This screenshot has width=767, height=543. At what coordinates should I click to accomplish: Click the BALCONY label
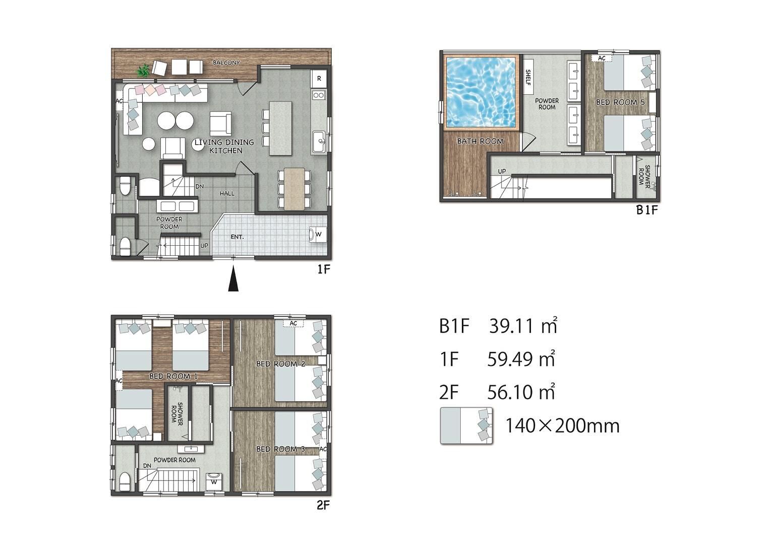tap(226, 63)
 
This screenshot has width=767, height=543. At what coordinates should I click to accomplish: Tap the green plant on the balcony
tap(143, 71)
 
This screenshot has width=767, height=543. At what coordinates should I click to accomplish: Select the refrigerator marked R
tap(319, 78)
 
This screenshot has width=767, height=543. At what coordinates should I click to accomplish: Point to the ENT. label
tap(237, 237)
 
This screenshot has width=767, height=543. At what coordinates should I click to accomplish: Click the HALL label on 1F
tap(227, 194)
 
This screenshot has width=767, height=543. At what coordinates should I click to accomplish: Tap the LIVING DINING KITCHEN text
tap(224, 146)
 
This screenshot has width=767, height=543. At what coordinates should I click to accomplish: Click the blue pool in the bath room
tap(481, 92)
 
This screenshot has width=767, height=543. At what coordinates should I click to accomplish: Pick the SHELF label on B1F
tap(527, 77)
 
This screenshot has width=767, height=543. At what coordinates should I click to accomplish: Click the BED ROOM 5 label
tap(620, 102)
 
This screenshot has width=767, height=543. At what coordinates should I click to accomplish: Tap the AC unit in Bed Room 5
tap(602, 58)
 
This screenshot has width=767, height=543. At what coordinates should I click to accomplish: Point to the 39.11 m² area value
tap(523, 325)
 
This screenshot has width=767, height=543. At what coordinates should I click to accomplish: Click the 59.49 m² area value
tap(521, 359)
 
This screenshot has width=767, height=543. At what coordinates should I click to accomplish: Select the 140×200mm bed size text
tap(562, 426)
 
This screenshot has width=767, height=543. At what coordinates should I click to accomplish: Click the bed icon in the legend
tap(466, 425)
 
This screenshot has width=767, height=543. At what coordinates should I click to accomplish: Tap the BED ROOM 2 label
tap(281, 364)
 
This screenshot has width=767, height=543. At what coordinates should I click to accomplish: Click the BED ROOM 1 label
tap(173, 376)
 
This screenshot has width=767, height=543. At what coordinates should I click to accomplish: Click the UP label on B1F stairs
tap(502, 171)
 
